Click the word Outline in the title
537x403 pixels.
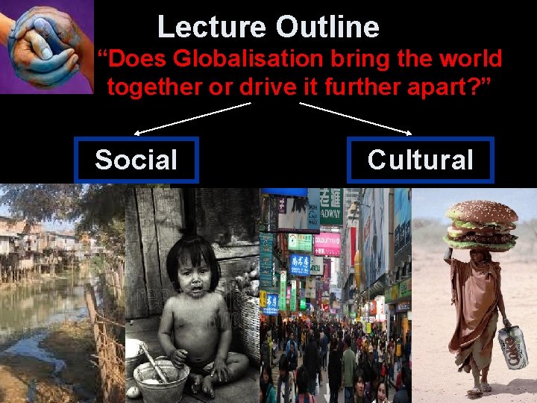[327, 28]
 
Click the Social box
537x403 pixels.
[136, 160]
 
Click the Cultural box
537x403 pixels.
[420, 160]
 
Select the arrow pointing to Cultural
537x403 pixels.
[356, 119]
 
